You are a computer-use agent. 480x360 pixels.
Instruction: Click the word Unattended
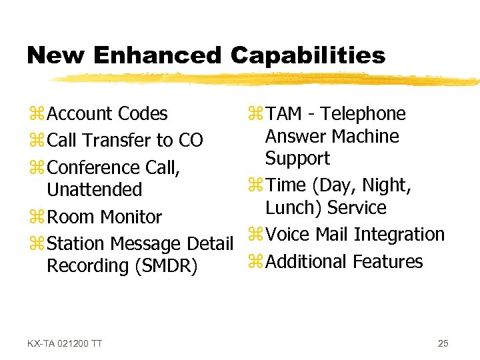point(94,190)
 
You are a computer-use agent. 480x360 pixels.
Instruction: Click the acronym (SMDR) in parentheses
point(166,266)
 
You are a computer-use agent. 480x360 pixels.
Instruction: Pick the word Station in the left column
point(75,244)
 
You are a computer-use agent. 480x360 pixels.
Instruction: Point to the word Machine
point(366,137)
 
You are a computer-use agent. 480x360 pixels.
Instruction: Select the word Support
point(297,159)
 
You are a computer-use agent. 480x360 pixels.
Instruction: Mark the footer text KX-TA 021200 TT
point(65,343)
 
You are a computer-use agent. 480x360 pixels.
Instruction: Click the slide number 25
point(443,343)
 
